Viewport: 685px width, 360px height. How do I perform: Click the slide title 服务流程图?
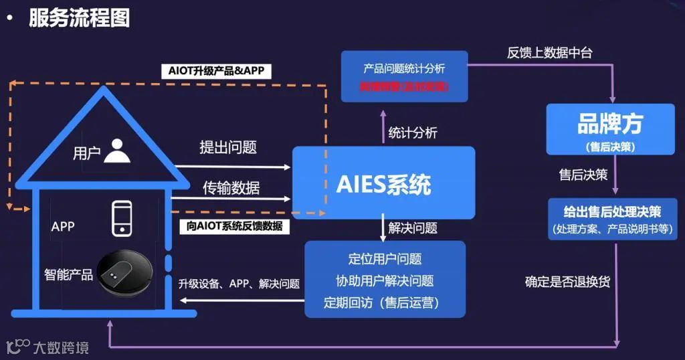pyautogui.click(x=79, y=17)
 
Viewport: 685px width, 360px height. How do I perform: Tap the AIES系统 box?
pyautogui.click(x=383, y=183)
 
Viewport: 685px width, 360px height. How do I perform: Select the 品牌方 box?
pyautogui.click(x=609, y=128)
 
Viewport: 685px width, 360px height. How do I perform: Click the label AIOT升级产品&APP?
pyautogui.click(x=215, y=71)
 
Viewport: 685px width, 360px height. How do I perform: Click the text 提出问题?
pyautogui.click(x=228, y=147)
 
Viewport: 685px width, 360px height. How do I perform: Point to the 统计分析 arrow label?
pyautogui.click(x=413, y=132)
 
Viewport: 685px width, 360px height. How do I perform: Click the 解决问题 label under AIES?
pyautogui.click(x=413, y=228)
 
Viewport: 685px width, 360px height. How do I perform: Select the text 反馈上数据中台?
pyautogui.click(x=549, y=54)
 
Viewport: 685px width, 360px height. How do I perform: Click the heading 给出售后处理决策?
pyautogui.click(x=612, y=212)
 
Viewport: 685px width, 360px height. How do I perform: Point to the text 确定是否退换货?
pyautogui.click(x=567, y=282)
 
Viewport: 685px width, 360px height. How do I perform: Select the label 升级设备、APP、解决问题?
pyautogui.click(x=239, y=283)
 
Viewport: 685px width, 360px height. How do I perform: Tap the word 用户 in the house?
pyautogui.click(x=86, y=153)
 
